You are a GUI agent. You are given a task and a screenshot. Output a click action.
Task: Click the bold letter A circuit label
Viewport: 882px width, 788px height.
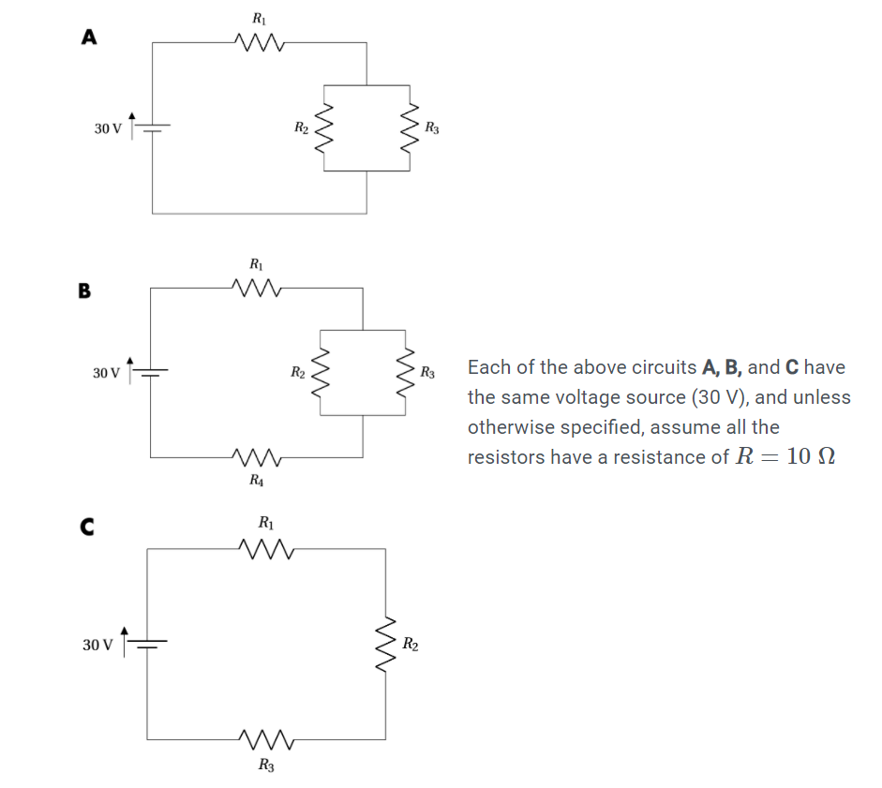(89, 37)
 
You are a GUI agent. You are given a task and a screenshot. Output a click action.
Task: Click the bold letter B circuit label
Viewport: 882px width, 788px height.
(84, 290)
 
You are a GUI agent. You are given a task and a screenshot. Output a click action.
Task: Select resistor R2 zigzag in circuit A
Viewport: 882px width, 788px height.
(324, 127)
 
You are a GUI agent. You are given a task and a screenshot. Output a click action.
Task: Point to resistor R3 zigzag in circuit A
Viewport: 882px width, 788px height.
(409, 127)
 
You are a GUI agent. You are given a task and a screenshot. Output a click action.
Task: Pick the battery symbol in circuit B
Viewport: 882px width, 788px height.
(152, 373)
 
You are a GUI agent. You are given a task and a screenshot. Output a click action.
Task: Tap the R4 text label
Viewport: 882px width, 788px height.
(256, 481)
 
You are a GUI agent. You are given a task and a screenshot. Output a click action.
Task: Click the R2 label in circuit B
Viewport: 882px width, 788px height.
(297, 373)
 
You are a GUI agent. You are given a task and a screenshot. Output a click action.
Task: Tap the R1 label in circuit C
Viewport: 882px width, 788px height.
(266, 521)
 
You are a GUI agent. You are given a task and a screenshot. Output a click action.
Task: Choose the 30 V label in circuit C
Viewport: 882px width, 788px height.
(97, 646)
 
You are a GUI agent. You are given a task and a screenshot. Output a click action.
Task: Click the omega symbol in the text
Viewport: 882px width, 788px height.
(825, 457)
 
